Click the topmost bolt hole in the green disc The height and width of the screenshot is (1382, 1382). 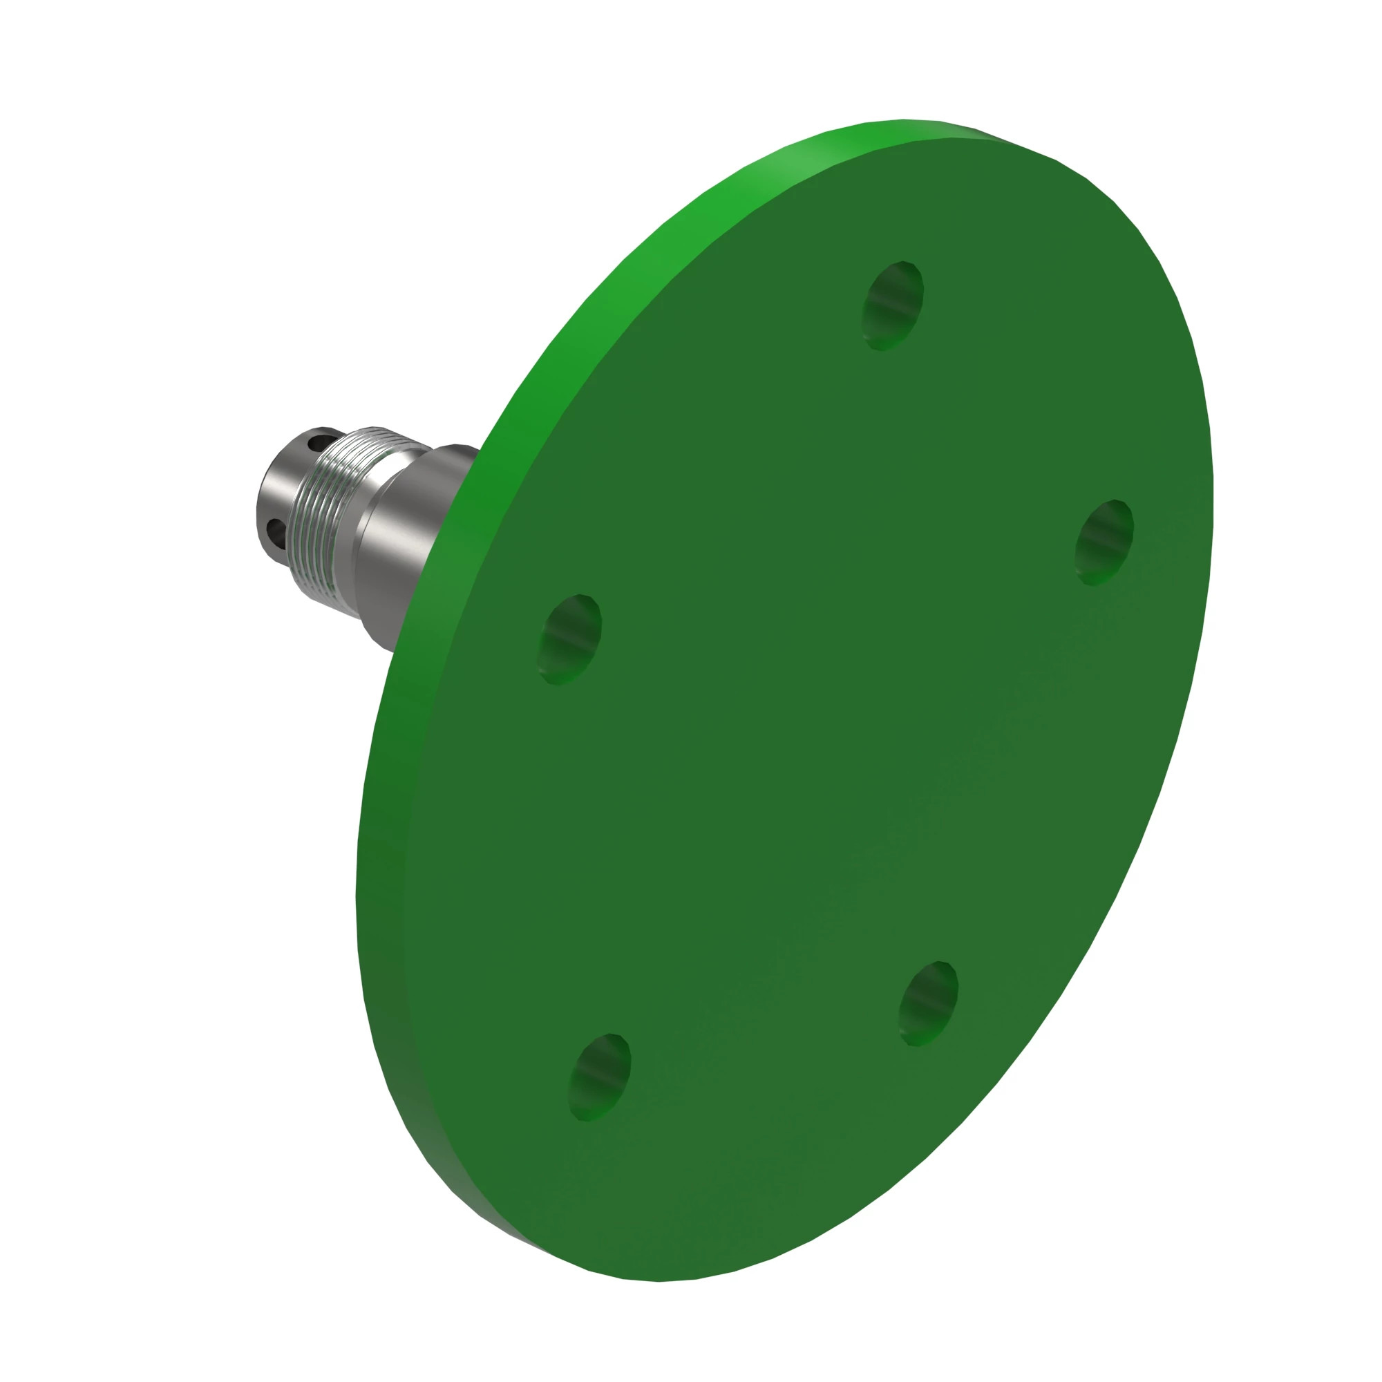[x=893, y=305]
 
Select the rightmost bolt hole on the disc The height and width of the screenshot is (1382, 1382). [x=1104, y=542]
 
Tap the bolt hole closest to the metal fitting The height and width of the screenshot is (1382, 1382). [x=570, y=638]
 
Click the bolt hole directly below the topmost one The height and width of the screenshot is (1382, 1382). [x=928, y=1003]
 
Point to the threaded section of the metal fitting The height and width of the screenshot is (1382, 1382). [x=330, y=512]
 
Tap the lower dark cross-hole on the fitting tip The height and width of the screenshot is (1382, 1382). [x=275, y=530]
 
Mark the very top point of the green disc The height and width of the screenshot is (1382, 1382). [x=905, y=120]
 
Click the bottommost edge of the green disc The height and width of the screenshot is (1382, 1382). [x=658, y=1280]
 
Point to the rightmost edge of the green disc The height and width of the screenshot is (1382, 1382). [x=1213, y=486]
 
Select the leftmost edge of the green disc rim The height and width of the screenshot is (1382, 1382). [x=357, y=894]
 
